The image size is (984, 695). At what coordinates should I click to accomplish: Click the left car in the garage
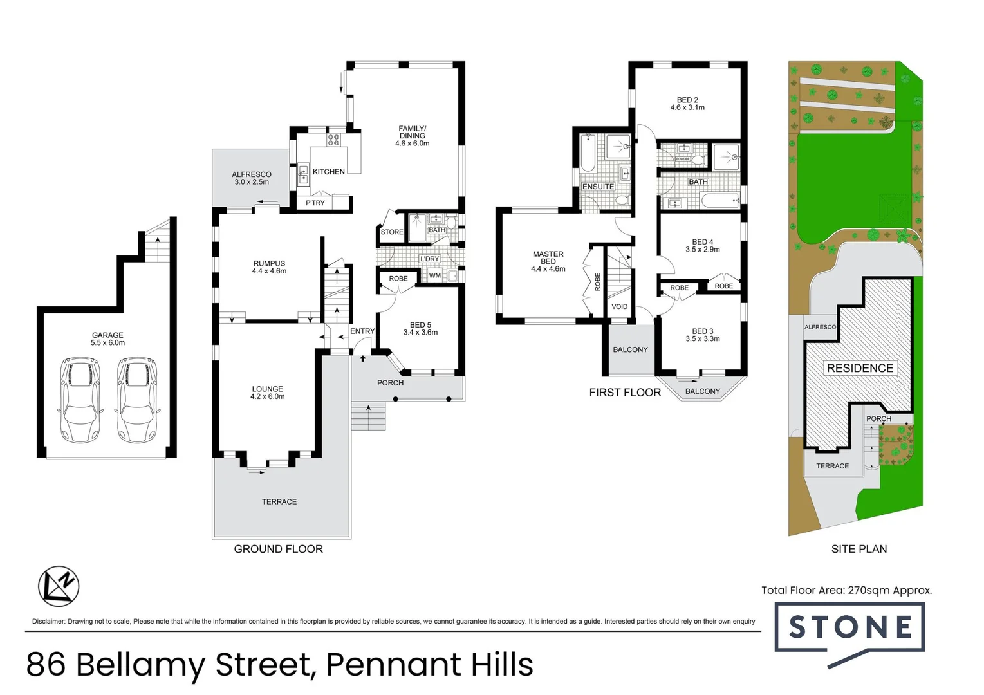pos(80,400)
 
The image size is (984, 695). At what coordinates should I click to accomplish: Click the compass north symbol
pos(59,586)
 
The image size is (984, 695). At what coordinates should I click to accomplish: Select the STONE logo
pos(849,628)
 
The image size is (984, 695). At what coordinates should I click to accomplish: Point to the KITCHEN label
pos(329,172)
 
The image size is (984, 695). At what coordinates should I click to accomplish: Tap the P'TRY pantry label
pos(315,203)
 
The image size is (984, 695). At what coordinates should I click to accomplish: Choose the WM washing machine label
pos(435,275)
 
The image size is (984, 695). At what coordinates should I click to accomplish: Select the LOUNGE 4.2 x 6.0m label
pos(268,393)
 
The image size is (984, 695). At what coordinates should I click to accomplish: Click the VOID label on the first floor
pos(619,307)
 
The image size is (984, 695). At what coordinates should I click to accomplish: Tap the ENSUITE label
pos(598,187)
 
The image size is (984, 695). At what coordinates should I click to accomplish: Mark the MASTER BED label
pos(548,258)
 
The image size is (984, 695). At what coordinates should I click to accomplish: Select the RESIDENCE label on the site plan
pos(860,368)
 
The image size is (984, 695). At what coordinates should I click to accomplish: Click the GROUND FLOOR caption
pos(279,549)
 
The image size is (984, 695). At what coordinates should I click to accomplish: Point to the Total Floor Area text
pos(846,590)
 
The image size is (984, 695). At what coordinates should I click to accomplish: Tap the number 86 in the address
pos(46,665)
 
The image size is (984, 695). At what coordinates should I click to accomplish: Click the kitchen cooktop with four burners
pos(333,140)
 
